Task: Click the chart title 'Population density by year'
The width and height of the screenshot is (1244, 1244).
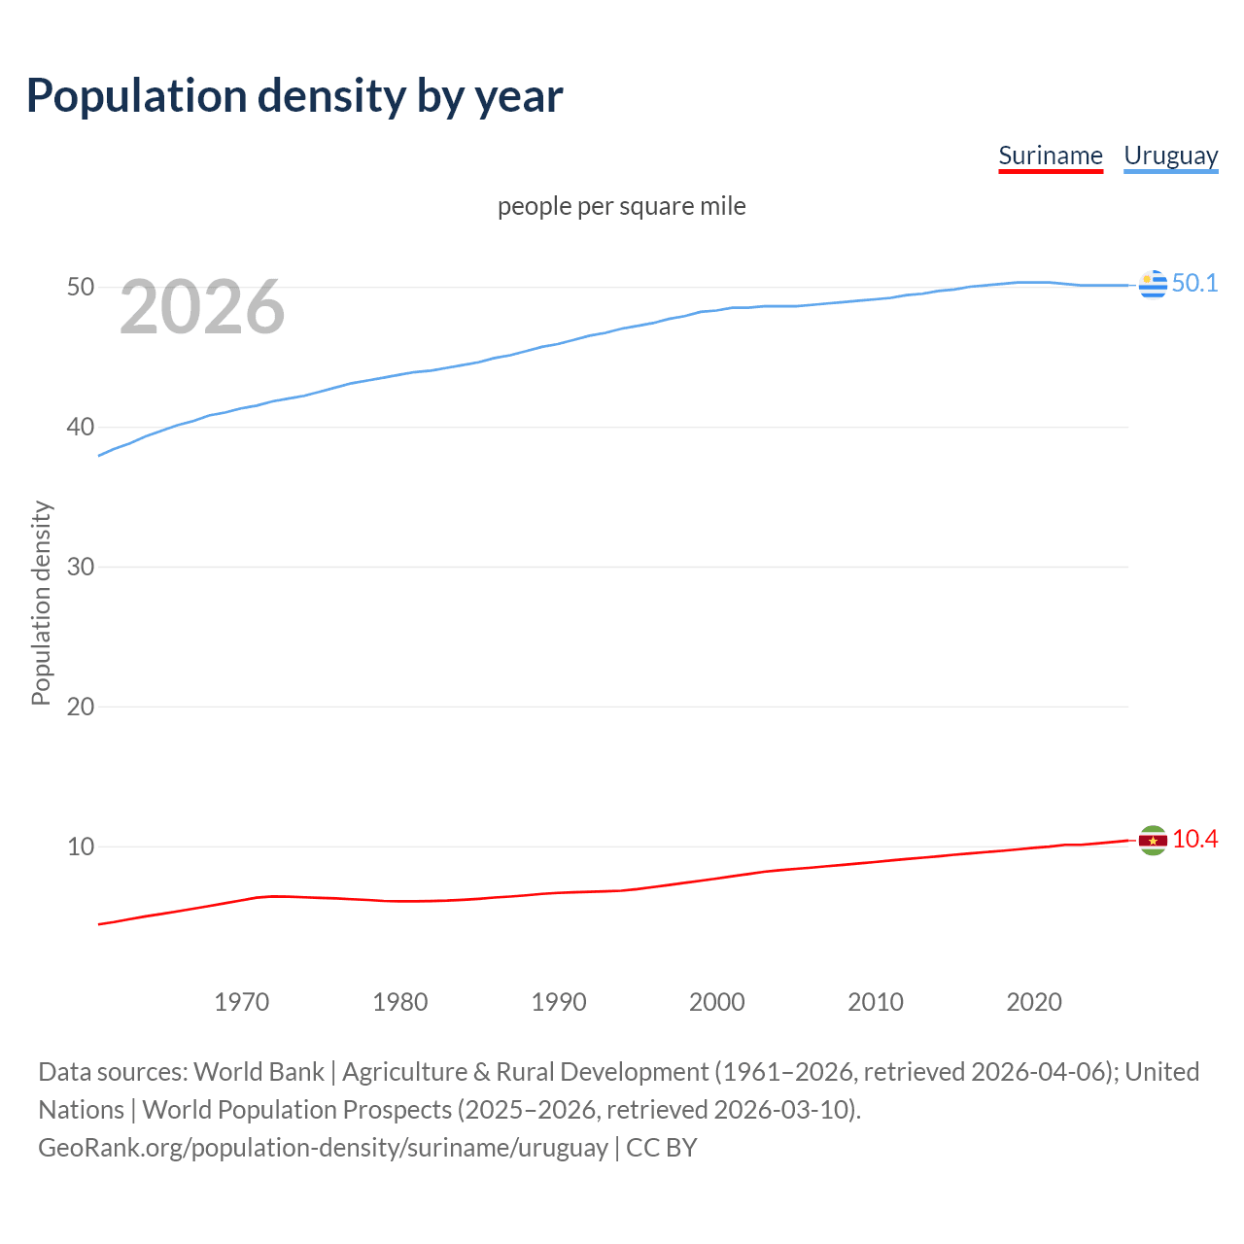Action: coord(294,96)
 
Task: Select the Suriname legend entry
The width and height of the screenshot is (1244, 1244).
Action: coord(1051,155)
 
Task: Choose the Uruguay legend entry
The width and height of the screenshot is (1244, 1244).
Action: coord(1170,155)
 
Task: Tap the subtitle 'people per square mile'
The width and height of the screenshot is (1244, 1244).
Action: coord(621,206)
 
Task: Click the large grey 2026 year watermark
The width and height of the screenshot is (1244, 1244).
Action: coord(202,308)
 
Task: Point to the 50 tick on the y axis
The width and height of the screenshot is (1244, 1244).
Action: coord(81,288)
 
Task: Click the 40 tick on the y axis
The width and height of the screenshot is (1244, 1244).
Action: coord(81,428)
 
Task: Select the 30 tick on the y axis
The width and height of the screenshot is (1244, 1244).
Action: coord(81,568)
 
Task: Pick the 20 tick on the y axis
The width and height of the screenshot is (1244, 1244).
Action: coord(81,708)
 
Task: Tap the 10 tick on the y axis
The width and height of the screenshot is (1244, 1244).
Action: coord(81,847)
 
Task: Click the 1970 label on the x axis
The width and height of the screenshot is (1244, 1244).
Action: coord(242,1002)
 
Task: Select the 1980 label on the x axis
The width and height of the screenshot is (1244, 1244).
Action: coord(400,1002)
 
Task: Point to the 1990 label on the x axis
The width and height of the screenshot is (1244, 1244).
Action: coord(559,1002)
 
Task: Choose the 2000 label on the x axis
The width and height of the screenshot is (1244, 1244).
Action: coord(717,1002)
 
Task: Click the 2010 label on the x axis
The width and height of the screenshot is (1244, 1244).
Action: coord(876,1002)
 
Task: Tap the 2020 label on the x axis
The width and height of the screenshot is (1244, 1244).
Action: coord(1034,1002)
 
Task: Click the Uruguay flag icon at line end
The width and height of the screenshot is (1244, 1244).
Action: coord(1153,285)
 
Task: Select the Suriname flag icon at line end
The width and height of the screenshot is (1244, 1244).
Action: coord(1153,841)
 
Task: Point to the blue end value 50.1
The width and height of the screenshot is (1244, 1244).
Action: coord(1194,283)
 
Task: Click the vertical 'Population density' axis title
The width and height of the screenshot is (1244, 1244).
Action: coord(41,603)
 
